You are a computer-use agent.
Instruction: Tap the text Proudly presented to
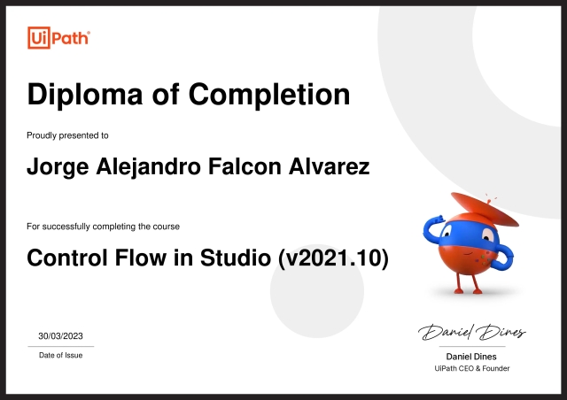[67, 135]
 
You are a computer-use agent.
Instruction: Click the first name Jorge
[55, 166]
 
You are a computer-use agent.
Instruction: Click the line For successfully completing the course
[103, 227]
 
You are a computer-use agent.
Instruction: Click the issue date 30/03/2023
[60, 335]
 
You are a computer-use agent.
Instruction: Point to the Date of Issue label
[60, 355]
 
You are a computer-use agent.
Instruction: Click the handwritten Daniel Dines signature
[471, 333]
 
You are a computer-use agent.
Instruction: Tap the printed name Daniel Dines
[471, 357]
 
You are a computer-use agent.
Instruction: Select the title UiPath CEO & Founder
[471, 368]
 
